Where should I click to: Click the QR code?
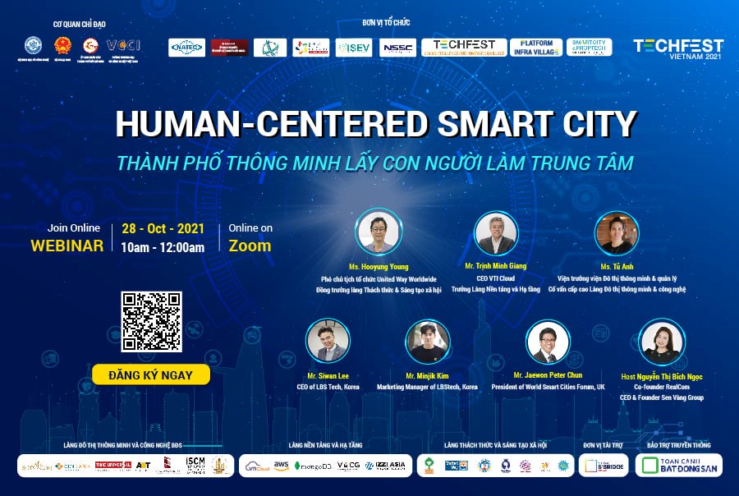[151, 322]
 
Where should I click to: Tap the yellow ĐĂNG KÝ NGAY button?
[149, 375]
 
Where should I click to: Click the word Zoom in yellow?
[250, 246]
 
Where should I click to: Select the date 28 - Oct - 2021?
[163, 228]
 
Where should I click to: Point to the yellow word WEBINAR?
[67, 246]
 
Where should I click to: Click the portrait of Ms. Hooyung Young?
[379, 232]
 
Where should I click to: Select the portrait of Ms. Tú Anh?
[616, 233]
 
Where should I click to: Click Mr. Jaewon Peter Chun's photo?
[548, 342]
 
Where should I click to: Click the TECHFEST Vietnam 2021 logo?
[677, 49]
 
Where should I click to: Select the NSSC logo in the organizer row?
[398, 48]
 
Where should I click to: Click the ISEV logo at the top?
[354, 48]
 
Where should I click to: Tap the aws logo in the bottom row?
[281, 466]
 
